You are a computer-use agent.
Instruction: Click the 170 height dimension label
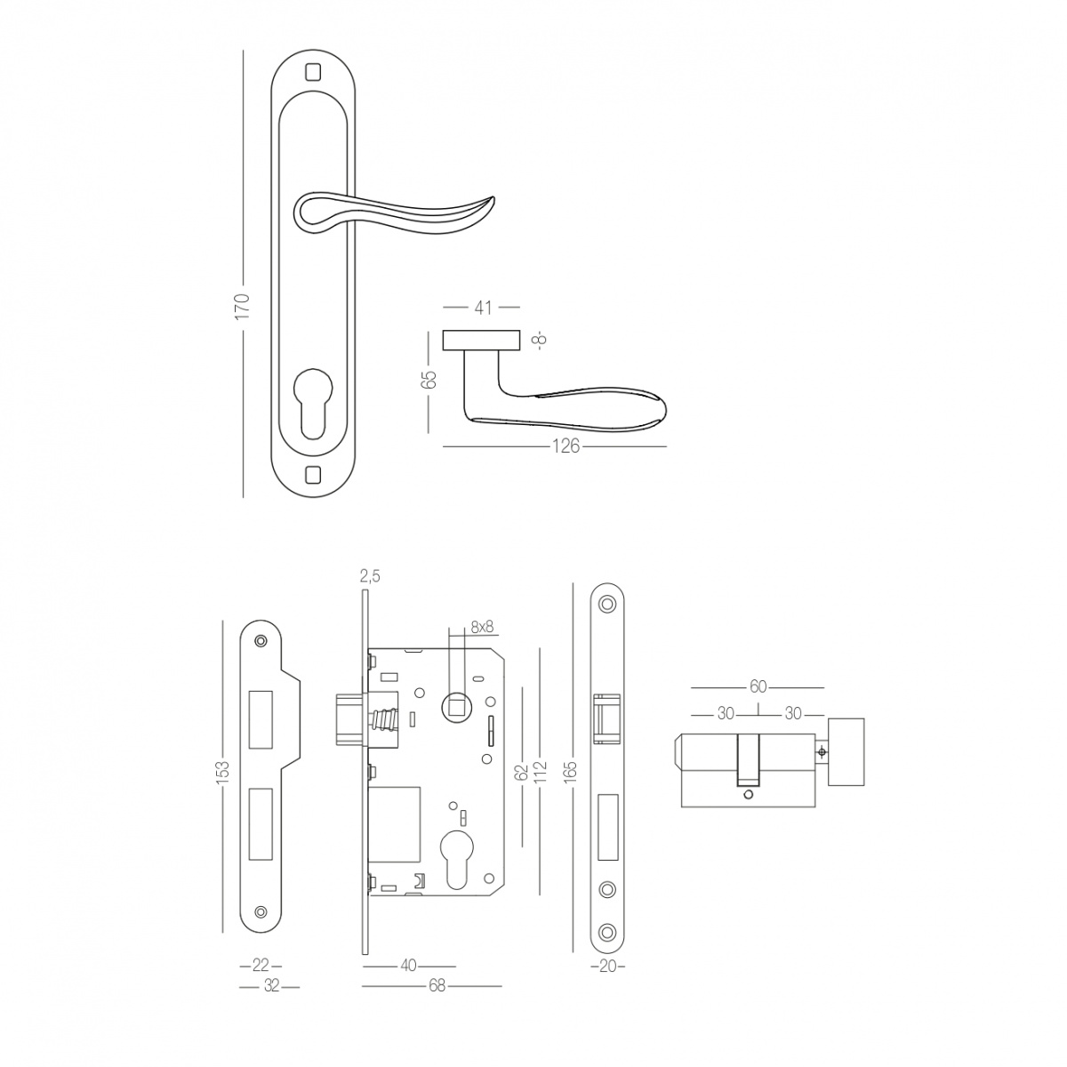(x=243, y=306)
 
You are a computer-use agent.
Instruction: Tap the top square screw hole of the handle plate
(x=313, y=73)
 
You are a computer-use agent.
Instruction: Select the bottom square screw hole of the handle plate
(x=313, y=475)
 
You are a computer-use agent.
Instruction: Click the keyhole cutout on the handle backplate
(x=313, y=405)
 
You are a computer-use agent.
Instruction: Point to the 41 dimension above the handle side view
(x=484, y=308)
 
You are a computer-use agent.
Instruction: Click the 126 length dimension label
(x=566, y=446)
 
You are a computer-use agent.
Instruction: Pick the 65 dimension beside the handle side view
(x=429, y=380)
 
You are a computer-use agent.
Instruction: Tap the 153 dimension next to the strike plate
(x=222, y=774)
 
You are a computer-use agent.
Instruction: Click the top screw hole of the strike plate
(x=261, y=641)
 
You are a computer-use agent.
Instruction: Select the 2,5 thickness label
(x=370, y=576)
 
